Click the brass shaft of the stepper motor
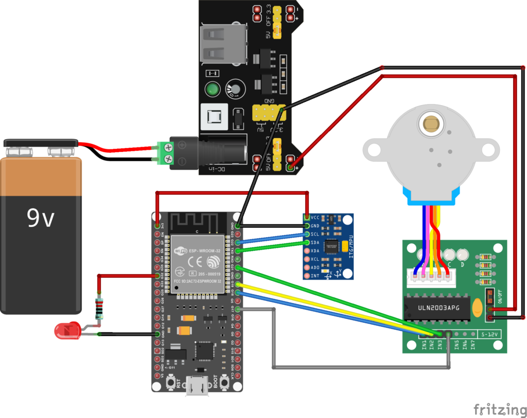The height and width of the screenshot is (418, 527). pos(430,123)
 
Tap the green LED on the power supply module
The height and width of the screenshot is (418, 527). pos(211,89)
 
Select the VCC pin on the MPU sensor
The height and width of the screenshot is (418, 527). pos(308,217)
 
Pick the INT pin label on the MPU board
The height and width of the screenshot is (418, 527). pos(315,276)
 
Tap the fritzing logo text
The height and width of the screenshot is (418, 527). pos(496,408)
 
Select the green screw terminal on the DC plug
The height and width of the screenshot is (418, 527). pos(163,154)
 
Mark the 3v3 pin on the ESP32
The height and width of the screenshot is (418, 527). pos(157,226)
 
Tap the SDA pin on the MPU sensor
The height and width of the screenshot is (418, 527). pos(308,242)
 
